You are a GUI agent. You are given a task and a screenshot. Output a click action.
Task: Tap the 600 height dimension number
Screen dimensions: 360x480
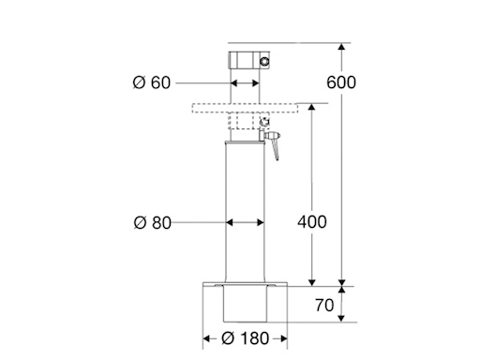point(342,82)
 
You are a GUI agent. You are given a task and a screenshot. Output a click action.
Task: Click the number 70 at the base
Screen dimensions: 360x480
point(325,305)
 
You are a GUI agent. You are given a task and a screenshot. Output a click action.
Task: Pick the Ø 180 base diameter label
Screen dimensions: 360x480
point(245,337)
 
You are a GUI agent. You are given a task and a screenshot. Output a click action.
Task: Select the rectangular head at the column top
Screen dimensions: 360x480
point(247,61)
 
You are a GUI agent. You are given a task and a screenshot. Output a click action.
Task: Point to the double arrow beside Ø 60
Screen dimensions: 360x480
point(247,82)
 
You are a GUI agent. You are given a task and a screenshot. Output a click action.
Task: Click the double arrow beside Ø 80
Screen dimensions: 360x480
point(246,222)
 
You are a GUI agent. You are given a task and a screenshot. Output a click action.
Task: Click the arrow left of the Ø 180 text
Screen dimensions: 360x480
point(210,337)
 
